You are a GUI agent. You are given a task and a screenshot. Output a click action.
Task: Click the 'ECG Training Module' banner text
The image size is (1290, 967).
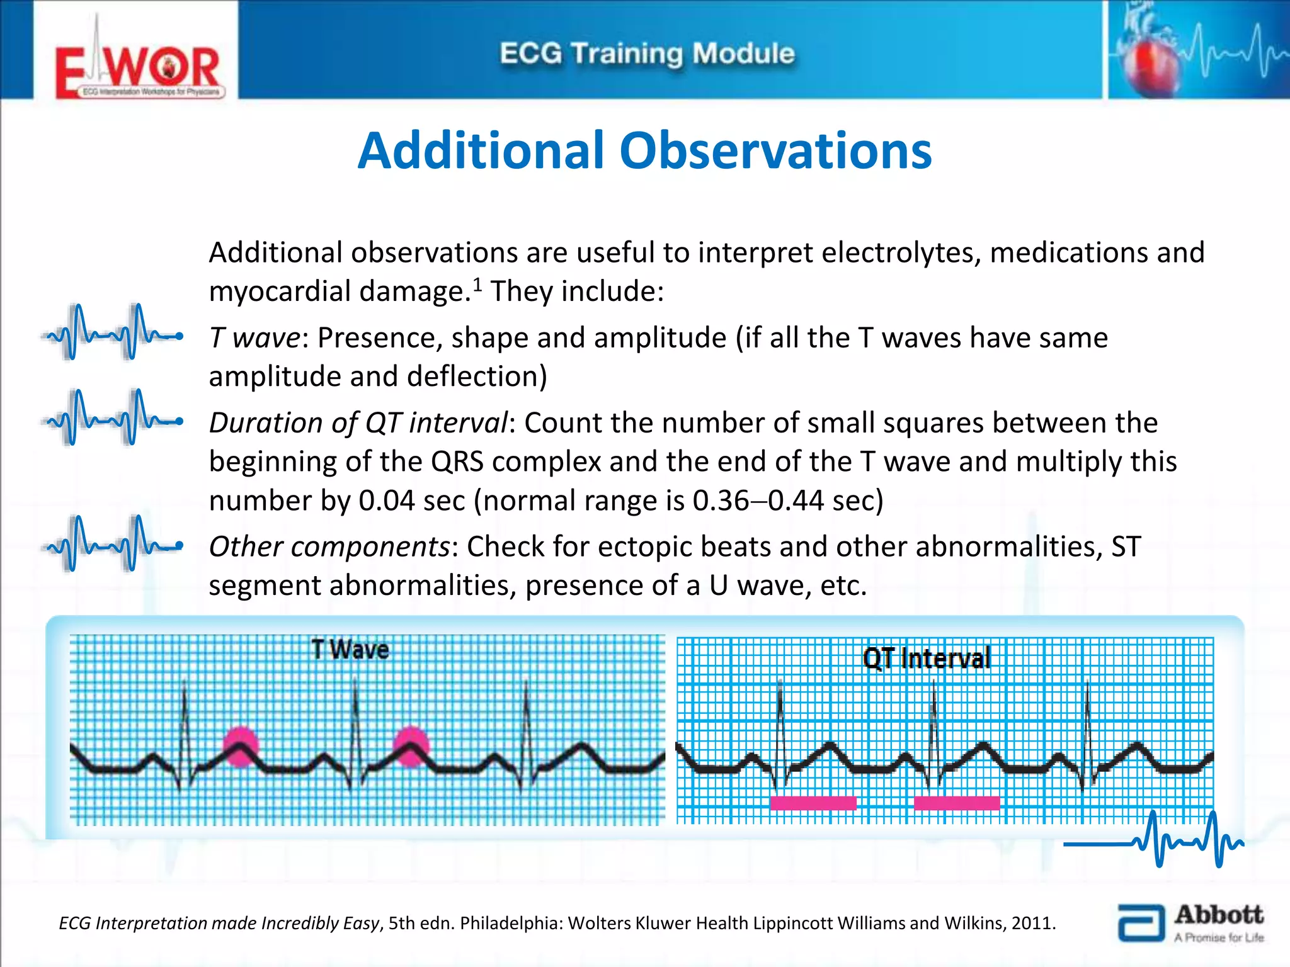pyautogui.click(x=647, y=54)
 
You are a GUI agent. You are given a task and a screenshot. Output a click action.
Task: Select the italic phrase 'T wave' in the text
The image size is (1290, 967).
pyautogui.click(x=254, y=338)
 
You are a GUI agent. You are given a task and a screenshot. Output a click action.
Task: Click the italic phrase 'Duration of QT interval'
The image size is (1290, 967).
pyautogui.click(x=358, y=423)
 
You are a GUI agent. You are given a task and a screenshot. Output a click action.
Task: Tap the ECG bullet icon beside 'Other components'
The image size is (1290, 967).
pyautogui.click(x=112, y=544)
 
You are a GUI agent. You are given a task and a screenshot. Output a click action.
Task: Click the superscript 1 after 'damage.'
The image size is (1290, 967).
pyautogui.click(x=477, y=285)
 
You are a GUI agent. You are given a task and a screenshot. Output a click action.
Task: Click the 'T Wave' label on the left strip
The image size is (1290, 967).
pyautogui.click(x=350, y=650)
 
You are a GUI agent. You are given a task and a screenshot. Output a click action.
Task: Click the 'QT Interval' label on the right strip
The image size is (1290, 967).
pyautogui.click(x=926, y=659)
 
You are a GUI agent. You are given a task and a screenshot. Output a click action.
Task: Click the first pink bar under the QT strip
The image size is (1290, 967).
pyautogui.click(x=813, y=803)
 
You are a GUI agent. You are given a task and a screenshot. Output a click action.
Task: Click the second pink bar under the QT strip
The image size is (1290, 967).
pyautogui.click(x=956, y=803)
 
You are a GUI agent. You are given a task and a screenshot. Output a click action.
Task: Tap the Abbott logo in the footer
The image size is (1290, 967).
pyautogui.click(x=1190, y=924)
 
